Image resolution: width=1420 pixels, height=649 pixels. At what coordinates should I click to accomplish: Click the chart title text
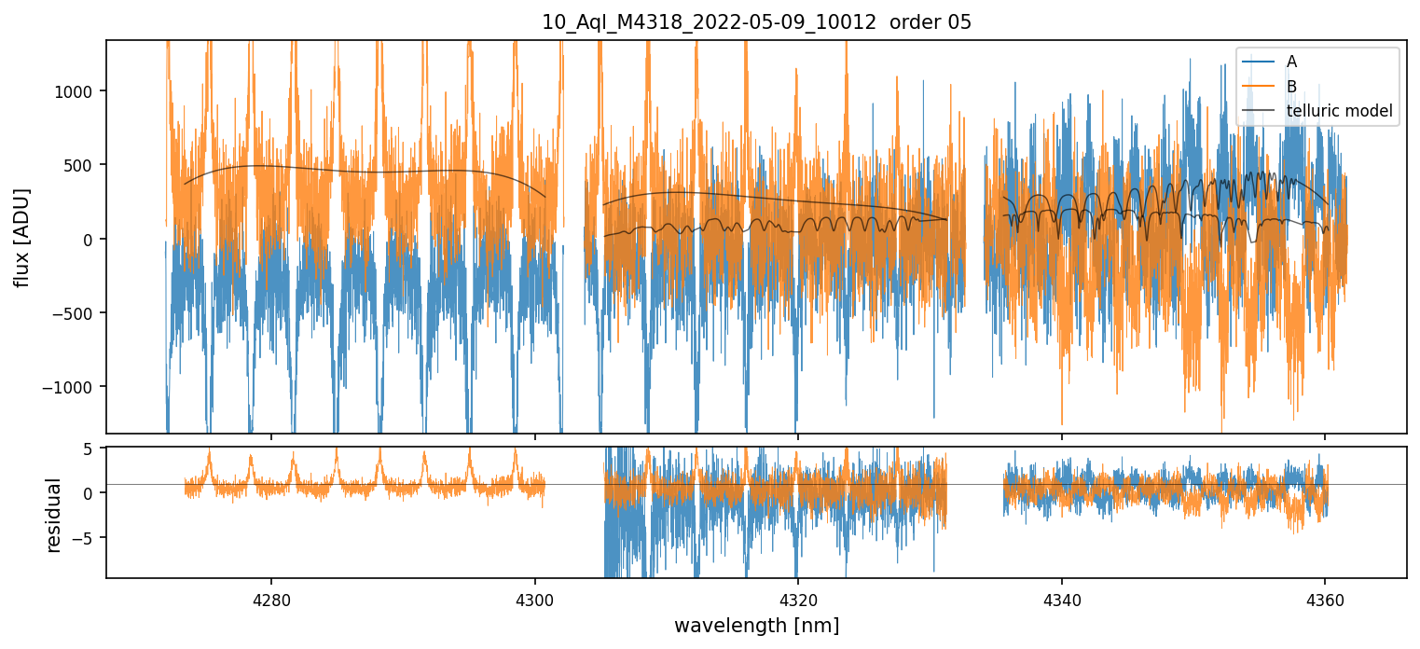[x=756, y=22]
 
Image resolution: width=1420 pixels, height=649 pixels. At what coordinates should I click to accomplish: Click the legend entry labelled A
[x=1291, y=62]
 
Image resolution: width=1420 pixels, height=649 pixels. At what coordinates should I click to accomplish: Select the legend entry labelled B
[x=1291, y=87]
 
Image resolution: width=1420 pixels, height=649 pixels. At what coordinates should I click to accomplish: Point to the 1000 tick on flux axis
[x=80, y=91]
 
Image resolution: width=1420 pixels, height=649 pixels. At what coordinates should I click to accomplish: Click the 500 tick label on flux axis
[x=85, y=165]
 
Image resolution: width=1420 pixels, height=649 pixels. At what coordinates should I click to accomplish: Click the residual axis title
[x=54, y=515]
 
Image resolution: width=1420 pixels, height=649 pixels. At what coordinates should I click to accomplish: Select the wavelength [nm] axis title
[x=756, y=625]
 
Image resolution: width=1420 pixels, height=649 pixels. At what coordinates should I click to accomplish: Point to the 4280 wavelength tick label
[x=271, y=600]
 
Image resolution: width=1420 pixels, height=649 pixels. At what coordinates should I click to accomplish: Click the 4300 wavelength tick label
[x=535, y=600]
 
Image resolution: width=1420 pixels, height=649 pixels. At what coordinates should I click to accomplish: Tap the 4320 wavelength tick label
[x=798, y=600]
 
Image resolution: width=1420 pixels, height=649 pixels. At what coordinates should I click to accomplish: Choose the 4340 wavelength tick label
[x=1062, y=600]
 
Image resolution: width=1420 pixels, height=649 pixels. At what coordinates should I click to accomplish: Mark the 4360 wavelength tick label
[x=1325, y=600]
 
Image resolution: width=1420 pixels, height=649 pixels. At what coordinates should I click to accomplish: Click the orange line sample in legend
[x=1259, y=87]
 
